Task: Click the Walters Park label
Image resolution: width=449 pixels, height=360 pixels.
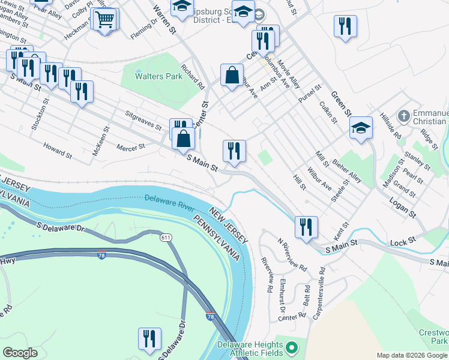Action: click(x=150, y=77)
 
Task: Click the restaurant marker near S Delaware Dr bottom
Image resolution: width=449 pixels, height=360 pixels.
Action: click(x=149, y=338)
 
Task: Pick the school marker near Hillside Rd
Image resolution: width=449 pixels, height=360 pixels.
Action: click(x=360, y=128)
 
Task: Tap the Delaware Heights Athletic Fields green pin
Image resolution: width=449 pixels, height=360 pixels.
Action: click(x=292, y=347)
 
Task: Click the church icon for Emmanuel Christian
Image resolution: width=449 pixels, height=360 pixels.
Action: click(x=404, y=115)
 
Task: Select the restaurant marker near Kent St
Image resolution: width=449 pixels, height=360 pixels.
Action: click(x=306, y=227)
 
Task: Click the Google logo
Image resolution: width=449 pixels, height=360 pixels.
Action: click(x=20, y=353)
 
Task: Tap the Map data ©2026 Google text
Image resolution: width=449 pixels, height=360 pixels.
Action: click(x=412, y=355)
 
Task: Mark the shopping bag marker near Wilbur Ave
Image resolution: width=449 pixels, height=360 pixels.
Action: click(x=231, y=76)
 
